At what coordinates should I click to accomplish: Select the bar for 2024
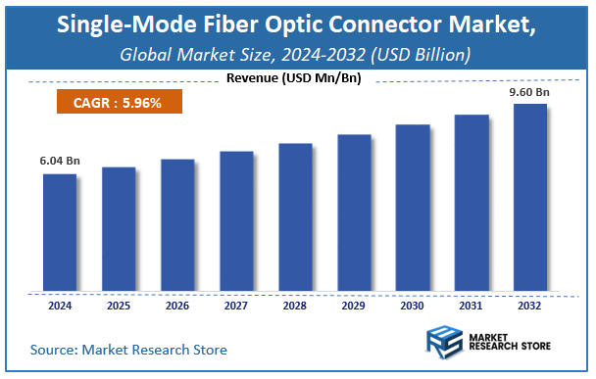click(60, 232)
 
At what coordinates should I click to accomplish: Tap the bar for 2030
click(413, 208)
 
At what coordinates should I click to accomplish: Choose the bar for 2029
click(354, 213)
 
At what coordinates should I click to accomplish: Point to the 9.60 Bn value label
click(530, 92)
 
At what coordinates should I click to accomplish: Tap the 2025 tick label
click(119, 305)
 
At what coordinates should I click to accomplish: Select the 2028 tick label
click(295, 305)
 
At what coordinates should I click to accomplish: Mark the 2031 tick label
click(472, 305)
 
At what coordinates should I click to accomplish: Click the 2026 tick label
click(177, 305)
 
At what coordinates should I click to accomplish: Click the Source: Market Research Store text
click(128, 349)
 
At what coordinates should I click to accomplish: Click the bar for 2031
click(472, 203)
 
